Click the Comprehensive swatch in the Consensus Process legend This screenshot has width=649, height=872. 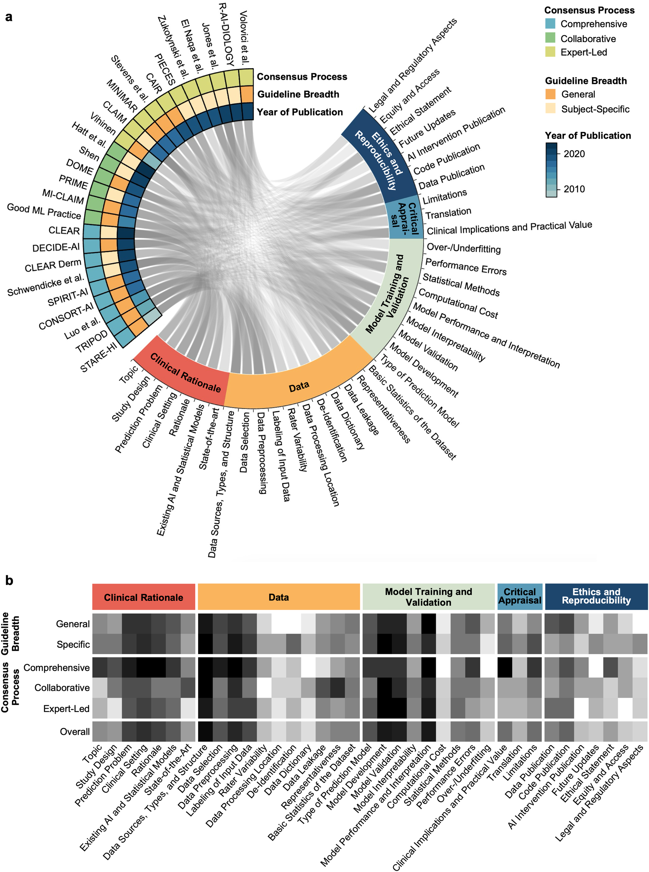550,24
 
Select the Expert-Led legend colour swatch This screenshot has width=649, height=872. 550,52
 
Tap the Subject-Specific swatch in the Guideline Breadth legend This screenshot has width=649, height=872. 550,109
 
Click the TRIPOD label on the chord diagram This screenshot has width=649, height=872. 92,341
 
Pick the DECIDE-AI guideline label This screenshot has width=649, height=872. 56,247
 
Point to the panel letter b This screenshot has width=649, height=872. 9,581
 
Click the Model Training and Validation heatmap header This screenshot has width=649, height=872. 428,597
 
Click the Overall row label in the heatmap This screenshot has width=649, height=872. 75,732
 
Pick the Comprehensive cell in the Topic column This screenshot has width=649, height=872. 99,667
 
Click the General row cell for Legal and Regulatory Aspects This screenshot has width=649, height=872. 640,624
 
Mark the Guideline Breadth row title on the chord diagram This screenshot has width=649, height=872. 298,94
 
